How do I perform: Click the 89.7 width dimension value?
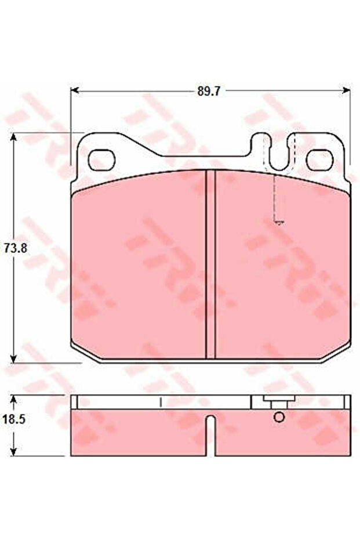pos(209,92)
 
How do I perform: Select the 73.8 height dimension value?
pos(16,248)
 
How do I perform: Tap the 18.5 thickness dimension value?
pos(14,419)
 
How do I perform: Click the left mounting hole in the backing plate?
pos(101,160)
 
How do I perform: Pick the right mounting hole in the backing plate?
pos(320,160)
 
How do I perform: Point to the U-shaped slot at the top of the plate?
pos(279,151)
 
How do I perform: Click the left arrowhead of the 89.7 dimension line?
pos(75,90)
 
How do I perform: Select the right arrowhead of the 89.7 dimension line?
pos(346,90)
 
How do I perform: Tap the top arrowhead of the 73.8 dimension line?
pos(13,138)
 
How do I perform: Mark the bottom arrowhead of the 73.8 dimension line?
pos(13,358)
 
